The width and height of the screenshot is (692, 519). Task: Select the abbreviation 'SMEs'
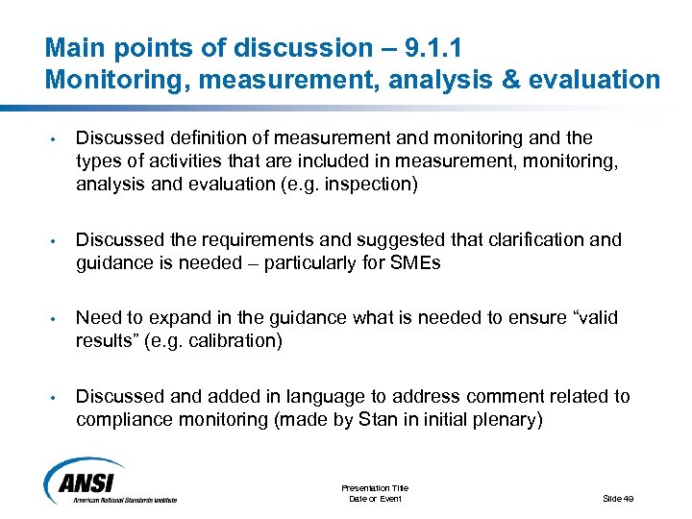click(413, 262)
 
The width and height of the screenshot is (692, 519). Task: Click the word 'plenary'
click(507, 419)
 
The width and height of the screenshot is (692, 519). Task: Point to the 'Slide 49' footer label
click(618, 498)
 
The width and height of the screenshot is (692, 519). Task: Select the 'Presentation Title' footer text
click(375, 488)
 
